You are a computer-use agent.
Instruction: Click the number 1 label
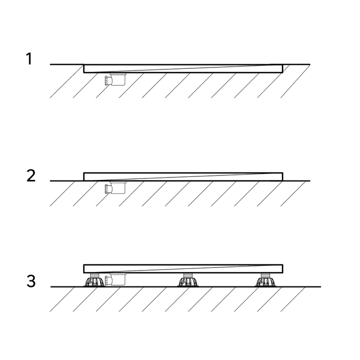coord(29,59)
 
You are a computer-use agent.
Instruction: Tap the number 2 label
coord(31,176)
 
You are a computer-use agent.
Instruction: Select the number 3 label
coord(31,281)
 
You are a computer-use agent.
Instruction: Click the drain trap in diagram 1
coord(115,79)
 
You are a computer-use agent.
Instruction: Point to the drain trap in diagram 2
coord(115,187)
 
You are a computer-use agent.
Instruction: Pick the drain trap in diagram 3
coord(115,279)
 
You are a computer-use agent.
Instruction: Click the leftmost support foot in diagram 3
coord(94,280)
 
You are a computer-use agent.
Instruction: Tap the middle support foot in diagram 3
coord(188,280)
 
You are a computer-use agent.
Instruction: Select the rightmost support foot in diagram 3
coord(266,280)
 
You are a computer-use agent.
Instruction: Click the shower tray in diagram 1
coord(183,68)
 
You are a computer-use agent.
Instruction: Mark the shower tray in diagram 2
coord(183,177)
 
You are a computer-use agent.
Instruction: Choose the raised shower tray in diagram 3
coord(183,269)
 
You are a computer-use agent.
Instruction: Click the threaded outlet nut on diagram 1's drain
coord(106,81)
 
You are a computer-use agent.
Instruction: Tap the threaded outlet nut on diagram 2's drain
coord(106,189)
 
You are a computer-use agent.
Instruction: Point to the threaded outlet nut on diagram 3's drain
coord(106,281)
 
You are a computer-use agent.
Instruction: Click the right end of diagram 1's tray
coord(283,68)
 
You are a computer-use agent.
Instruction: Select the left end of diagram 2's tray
coord(84,177)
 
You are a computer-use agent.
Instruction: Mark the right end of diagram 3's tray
coord(283,269)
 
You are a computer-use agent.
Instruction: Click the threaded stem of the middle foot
coord(188,276)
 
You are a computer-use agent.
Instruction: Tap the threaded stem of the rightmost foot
coord(266,276)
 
